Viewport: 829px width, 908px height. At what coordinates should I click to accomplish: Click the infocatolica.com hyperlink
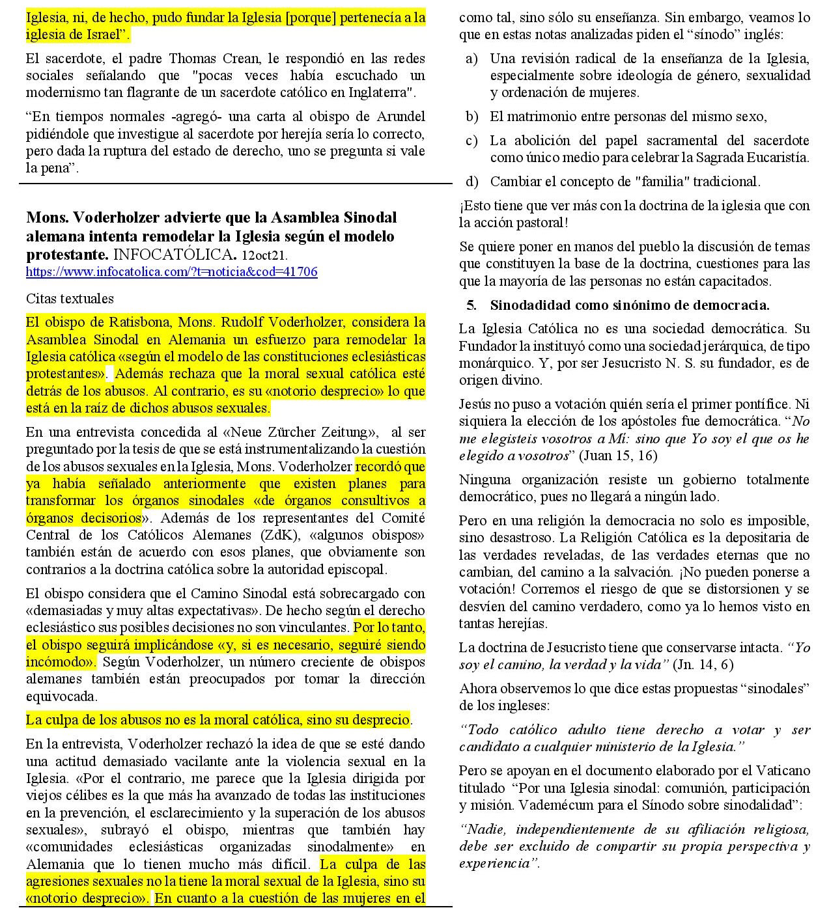tap(171, 272)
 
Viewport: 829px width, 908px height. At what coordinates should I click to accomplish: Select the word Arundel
tap(400, 117)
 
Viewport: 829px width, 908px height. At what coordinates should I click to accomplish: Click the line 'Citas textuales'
tap(70, 299)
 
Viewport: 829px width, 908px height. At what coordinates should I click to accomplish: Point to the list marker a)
tap(471, 59)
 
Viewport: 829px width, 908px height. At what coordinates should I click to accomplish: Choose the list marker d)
tap(471, 182)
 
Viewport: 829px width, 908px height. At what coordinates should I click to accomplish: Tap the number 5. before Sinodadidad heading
tap(471, 305)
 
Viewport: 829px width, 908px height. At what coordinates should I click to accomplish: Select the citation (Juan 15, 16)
tap(618, 456)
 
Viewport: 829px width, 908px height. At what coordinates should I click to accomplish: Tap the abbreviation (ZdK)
tap(282, 535)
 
